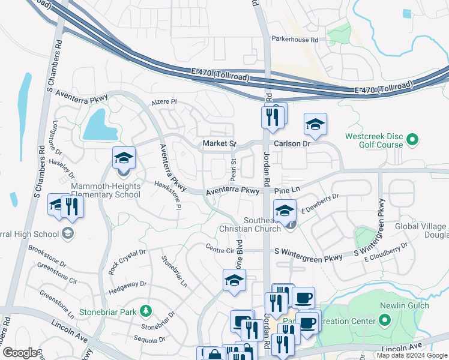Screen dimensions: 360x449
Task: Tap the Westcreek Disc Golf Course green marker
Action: pos(412,140)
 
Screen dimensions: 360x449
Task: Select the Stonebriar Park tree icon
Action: pos(145,310)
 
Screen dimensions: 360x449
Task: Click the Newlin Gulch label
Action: pos(405,305)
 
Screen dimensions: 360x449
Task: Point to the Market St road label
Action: pos(218,143)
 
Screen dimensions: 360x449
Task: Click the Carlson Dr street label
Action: pos(292,144)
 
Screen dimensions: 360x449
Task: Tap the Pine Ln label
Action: pos(286,190)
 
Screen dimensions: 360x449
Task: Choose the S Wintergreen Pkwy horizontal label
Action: pos(309,257)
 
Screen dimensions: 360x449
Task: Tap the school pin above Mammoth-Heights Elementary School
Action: pos(124,158)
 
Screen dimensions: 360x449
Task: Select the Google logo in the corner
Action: pos(19,353)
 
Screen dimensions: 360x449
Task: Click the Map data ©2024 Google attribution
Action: pos(411,355)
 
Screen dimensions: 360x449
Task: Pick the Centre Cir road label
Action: pos(219,248)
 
